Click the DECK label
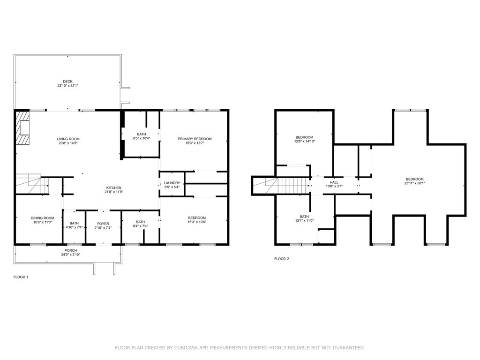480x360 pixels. pos(67,82)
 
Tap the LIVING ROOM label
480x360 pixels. pos(68,139)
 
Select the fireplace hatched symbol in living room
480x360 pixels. pos(23,127)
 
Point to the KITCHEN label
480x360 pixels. pos(113,188)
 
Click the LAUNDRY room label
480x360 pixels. pos(172,183)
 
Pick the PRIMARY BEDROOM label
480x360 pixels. pos(195,139)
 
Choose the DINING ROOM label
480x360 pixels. pos(43,218)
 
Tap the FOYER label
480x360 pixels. pos(103,224)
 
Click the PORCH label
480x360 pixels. pos(71,250)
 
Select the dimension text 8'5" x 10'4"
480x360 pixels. pos(142,138)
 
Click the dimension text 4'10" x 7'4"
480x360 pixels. pos(74,227)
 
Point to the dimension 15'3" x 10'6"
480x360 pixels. pos(197,222)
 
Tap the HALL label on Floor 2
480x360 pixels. pos(334,182)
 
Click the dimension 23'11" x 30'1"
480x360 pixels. pos(415,183)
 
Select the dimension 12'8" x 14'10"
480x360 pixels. pos(304,142)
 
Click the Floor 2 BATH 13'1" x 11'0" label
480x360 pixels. pos(304,218)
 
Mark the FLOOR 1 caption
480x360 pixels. pos(21,277)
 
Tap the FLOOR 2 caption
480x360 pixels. pos(282,259)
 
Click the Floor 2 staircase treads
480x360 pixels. pos(294,186)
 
